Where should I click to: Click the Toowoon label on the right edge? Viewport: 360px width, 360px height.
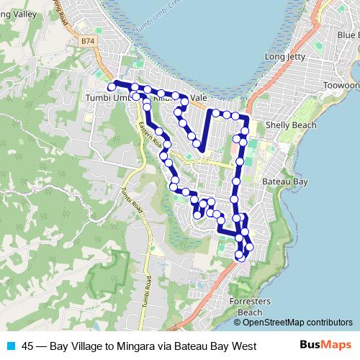341,85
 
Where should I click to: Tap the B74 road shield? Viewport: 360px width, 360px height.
88,42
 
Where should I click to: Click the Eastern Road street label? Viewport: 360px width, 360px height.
152,135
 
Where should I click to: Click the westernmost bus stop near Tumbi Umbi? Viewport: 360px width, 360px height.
112,86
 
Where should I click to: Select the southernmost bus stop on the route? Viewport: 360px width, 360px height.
240,255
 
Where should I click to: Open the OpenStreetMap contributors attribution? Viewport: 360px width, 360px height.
302,322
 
